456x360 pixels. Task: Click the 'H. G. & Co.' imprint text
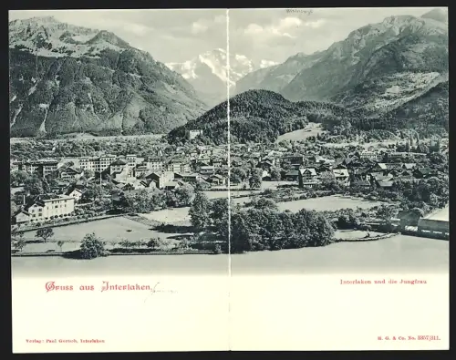click(x=391, y=337)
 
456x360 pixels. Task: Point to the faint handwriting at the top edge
click(x=298, y=12)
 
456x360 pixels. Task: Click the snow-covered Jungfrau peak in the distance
click(x=215, y=64)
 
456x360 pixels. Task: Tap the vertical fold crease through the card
click(x=228, y=182)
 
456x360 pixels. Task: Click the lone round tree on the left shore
click(x=91, y=245)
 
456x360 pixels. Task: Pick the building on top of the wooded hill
click(x=193, y=133)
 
